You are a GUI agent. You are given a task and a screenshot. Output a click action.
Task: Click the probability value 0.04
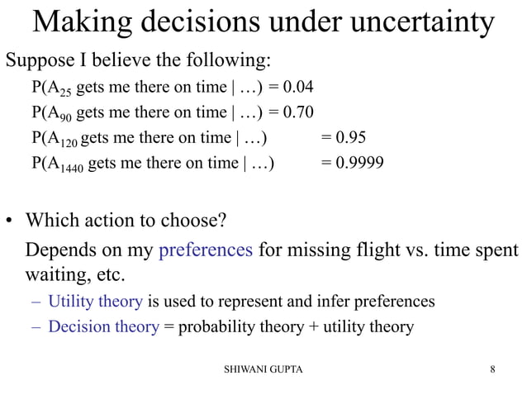tap(296, 86)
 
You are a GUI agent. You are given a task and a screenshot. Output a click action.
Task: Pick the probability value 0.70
tap(296, 112)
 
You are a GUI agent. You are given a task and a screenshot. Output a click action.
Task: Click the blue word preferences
tap(206, 249)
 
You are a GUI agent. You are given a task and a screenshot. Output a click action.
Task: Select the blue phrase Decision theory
tap(103, 326)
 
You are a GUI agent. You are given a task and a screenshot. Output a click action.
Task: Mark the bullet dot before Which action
tap(11, 223)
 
